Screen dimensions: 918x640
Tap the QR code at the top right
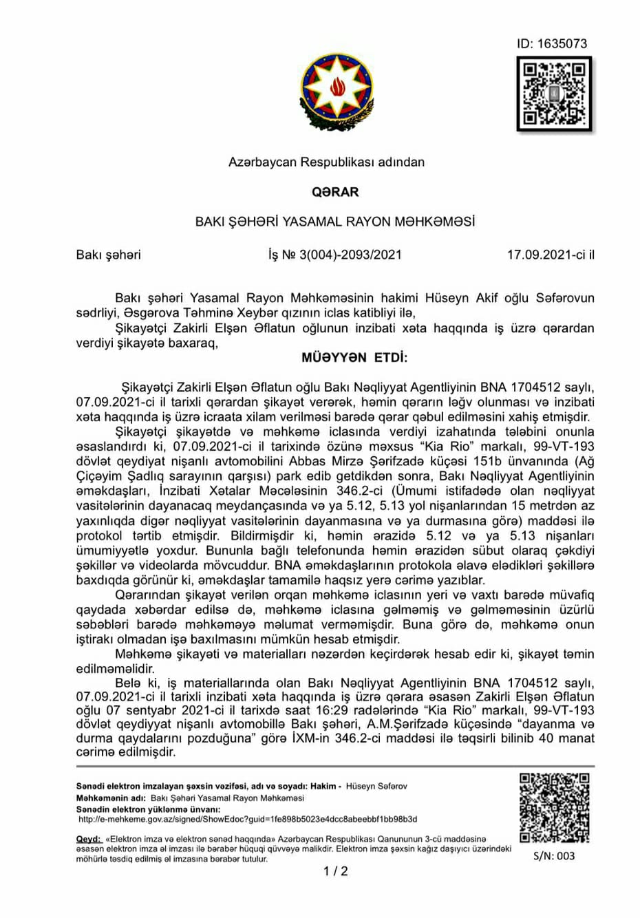(x=554, y=94)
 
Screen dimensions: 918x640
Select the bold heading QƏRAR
(x=335, y=192)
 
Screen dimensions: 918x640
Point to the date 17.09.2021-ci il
(x=550, y=255)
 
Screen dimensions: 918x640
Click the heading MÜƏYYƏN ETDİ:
(x=354, y=358)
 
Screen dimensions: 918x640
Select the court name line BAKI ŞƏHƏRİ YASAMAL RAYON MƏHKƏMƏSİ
(x=335, y=222)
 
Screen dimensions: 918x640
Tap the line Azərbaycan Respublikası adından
(x=326, y=162)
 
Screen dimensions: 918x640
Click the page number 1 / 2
(x=336, y=871)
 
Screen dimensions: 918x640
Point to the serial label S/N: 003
(x=554, y=856)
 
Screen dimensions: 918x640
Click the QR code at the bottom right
(x=554, y=808)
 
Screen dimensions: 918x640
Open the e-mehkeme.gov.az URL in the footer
(x=248, y=820)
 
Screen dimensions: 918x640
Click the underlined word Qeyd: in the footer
(x=88, y=839)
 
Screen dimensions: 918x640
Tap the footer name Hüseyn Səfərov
(x=376, y=786)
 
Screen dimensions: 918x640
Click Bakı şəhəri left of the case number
(x=108, y=255)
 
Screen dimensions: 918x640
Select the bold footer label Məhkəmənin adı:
(x=111, y=798)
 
